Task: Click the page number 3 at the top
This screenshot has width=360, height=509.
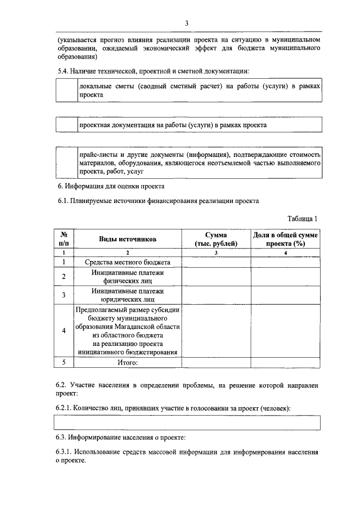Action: pos(186,23)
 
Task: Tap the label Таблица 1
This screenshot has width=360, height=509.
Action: pos(303,219)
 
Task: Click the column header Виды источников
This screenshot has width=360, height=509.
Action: pos(128,239)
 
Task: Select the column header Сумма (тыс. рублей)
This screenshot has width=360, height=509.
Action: pos(216,239)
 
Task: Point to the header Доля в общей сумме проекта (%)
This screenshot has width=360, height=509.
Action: pos(285,239)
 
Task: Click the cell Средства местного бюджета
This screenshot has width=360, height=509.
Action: pos(128,262)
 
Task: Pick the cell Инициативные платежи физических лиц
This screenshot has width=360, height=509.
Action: pos(128,276)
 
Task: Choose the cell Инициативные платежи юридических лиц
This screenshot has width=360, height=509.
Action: pos(128,295)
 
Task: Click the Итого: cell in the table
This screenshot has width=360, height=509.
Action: pos(128,363)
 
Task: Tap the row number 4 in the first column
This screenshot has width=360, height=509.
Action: pos(64,331)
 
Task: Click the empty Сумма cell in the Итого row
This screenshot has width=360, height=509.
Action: pos(216,363)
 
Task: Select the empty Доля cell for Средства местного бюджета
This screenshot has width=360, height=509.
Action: pos(285,262)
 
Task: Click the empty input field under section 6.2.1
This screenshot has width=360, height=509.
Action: pos(188,422)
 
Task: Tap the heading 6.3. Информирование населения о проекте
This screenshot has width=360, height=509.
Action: pos(121,437)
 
